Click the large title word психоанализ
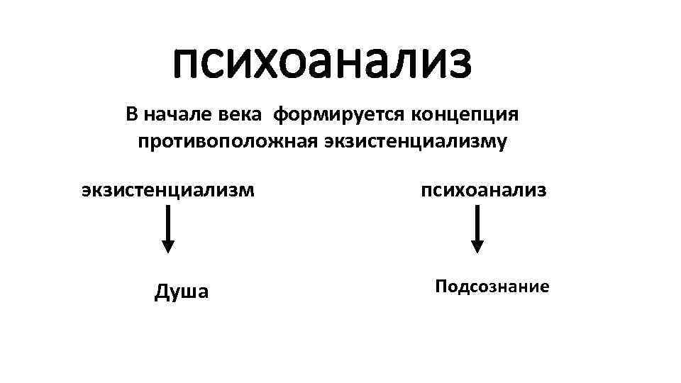tap(321, 62)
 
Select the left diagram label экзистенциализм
tap(167, 189)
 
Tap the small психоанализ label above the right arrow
tap(484, 189)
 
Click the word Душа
tap(182, 292)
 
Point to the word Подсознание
tap(492, 287)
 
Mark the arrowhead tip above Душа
tap(168, 250)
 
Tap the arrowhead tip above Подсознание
tap(477, 250)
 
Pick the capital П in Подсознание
tap(441, 287)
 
